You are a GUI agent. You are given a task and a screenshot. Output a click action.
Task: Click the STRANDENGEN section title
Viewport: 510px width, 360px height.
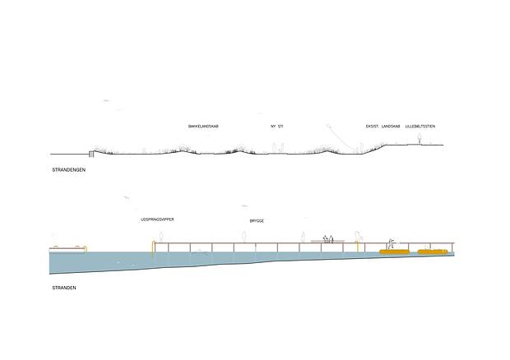(68, 169)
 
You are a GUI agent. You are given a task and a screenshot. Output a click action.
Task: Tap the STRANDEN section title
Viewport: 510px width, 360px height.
(64, 288)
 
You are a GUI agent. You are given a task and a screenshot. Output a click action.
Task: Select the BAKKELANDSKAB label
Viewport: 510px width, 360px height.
(203, 126)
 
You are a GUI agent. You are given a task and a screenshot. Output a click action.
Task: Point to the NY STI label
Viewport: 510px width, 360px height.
(276, 126)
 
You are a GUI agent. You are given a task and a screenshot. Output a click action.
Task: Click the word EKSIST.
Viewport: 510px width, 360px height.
(373, 126)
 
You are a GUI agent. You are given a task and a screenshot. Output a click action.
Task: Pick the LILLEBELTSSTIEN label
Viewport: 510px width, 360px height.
(420, 126)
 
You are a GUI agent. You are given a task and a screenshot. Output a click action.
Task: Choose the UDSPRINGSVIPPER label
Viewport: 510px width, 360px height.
(157, 219)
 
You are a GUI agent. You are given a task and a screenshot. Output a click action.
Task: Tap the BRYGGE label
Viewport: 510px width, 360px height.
(257, 221)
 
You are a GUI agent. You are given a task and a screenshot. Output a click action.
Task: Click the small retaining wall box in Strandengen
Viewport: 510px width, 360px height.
(91, 154)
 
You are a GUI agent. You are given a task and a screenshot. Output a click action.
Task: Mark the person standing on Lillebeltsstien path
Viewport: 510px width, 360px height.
(420, 139)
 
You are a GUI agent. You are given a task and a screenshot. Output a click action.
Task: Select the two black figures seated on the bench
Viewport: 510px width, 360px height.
(328, 238)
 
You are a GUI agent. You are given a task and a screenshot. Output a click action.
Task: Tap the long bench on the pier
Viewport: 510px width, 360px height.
(327, 242)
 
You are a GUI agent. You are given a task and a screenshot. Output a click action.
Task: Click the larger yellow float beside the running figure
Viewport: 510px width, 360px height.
(394, 252)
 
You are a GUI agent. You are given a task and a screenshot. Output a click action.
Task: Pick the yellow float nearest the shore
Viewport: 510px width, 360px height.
(433, 252)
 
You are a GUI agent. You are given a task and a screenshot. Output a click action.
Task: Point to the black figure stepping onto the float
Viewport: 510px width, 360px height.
(391, 244)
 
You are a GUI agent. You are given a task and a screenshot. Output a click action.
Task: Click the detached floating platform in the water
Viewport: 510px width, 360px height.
(67, 249)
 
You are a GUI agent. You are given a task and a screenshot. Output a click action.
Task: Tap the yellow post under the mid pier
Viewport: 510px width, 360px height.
(358, 247)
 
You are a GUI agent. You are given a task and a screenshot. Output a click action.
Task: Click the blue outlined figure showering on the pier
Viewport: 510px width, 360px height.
(358, 237)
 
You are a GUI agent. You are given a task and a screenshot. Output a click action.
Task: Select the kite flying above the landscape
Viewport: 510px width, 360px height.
(328, 126)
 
